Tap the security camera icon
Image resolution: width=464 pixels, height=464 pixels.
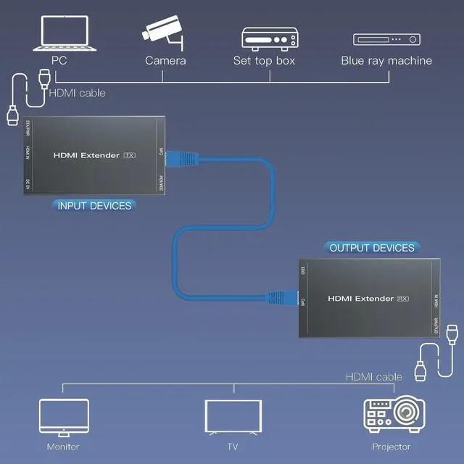tap(165, 30)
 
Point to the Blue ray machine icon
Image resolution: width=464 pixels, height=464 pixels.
tap(386, 39)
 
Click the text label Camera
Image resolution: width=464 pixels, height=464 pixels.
tap(165, 61)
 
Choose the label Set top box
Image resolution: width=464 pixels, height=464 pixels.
tap(264, 61)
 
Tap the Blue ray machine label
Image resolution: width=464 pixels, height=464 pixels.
tap(386, 61)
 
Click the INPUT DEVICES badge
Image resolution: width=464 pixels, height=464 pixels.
tap(94, 206)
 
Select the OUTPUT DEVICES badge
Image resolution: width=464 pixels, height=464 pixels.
tap(372, 248)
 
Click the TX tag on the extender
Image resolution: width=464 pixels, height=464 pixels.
tap(130, 155)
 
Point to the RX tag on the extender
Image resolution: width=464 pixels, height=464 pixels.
tap(405, 298)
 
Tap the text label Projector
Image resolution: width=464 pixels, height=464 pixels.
tap(391, 447)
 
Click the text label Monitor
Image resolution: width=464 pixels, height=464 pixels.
tap(62, 447)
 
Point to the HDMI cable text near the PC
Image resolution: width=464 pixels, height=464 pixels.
tap(76, 93)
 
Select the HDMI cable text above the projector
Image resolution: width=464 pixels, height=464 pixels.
tap(373, 376)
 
